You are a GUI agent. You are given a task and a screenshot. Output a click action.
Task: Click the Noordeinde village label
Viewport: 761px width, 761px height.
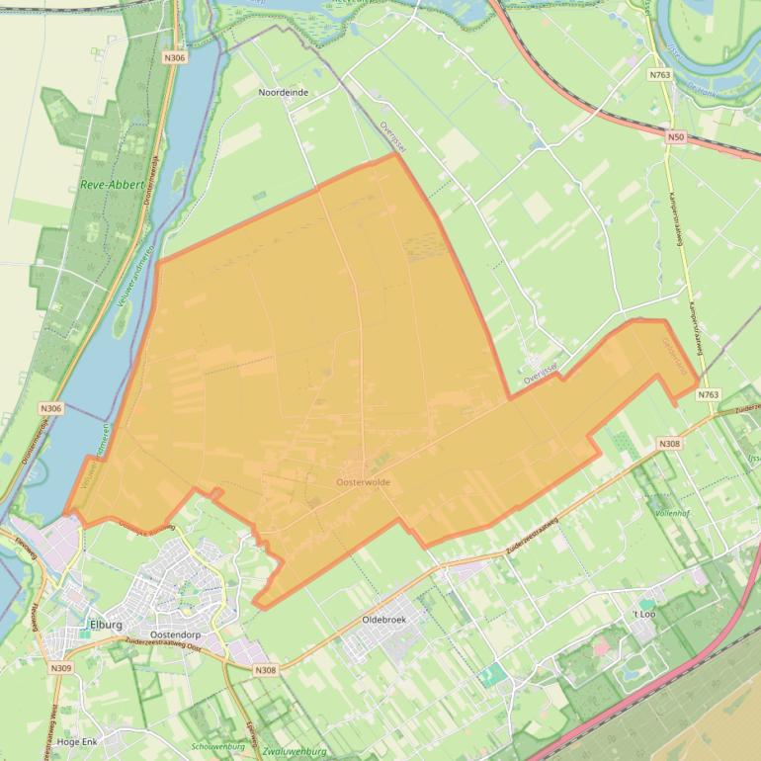pos(283,92)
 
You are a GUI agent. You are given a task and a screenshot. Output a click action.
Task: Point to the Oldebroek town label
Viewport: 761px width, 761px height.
pos(384,619)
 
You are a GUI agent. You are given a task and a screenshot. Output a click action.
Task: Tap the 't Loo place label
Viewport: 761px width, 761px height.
pos(644,614)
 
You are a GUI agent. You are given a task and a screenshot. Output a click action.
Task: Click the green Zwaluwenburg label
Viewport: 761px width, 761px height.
pos(296,751)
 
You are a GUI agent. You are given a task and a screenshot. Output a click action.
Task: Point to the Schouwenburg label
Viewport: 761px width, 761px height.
pos(217,747)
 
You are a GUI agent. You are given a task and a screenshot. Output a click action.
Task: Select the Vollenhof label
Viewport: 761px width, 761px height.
pos(676,514)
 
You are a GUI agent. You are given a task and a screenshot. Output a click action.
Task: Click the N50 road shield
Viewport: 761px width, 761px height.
pos(676,136)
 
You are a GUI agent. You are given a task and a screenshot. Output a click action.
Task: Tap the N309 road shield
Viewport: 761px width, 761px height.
pos(60,669)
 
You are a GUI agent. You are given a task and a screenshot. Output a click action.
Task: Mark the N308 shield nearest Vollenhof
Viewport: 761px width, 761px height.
pos(670,445)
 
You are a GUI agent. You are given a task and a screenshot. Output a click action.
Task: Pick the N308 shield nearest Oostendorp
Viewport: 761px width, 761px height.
pos(265,670)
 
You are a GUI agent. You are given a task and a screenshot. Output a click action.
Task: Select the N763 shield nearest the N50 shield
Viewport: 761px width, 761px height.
pos(660,74)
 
